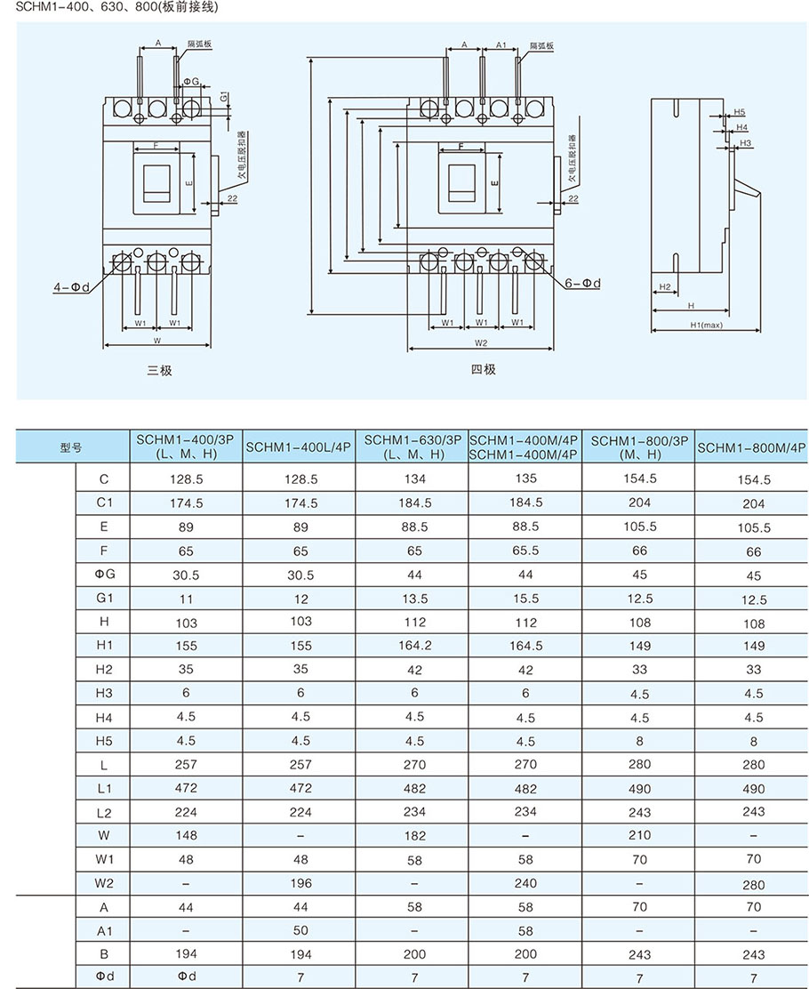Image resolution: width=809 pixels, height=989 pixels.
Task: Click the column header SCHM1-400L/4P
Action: pyautogui.click(x=300, y=447)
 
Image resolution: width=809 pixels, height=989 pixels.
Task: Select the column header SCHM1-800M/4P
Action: pyautogui.click(x=751, y=447)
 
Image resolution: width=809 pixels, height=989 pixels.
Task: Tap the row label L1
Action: pyautogui.click(x=104, y=788)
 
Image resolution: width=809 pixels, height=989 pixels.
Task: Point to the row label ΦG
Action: pyautogui.click(x=104, y=575)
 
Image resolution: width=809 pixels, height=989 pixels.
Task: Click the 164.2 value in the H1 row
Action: pyautogui.click(x=414, y=646)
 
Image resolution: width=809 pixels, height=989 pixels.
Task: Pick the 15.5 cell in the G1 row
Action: pyautogui.click(x=525, y=599)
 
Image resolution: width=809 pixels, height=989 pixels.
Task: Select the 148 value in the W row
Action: pyautogui.click(x=187, y=835)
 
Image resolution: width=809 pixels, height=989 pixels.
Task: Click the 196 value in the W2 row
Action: pyautogui.click(x=300, y=883)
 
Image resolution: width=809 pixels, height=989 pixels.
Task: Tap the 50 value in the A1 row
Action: pyautogui.click(x=300, y=930)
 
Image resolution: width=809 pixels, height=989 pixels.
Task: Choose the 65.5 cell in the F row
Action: pyautogui.click(x=525, y=551)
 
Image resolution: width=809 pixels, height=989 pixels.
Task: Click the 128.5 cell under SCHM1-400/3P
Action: pyautogui.click(x=187, y=478)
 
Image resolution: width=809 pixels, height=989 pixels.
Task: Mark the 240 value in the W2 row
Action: pyautogui.click(x=525, y=883)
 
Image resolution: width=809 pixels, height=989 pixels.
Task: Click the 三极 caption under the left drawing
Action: pyautogui.click(x=159, y=370)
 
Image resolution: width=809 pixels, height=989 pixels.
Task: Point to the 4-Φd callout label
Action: pyautogui.click(x=69, y=287)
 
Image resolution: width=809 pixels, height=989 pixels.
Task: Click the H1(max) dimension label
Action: pyautogui.click(x=707, y=326)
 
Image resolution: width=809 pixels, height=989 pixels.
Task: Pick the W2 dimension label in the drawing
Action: pyautogui.click(x=481, y=342)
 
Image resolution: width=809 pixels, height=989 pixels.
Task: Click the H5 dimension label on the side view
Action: pyautogui.click(x=740, y=113)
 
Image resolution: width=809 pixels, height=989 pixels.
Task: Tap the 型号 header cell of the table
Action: pyautogui.click(x=71, y=447)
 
